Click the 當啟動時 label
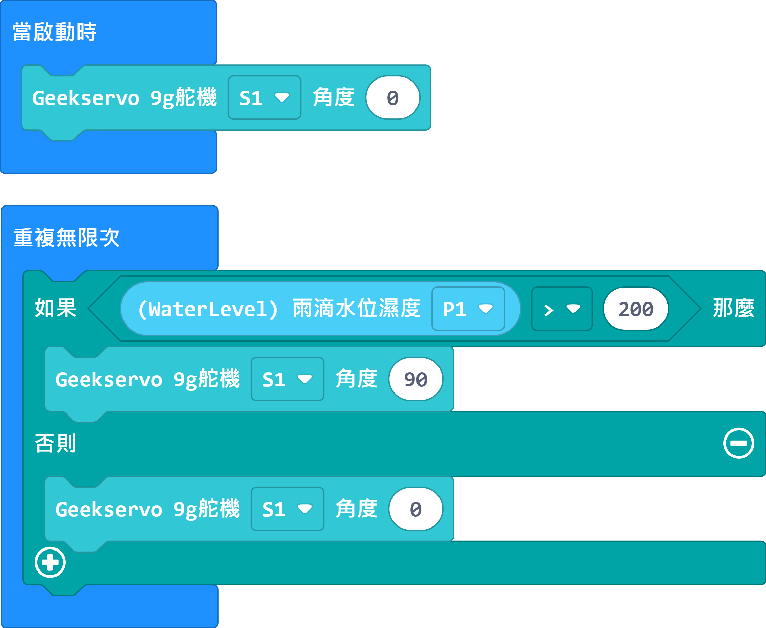pyautogui.click(x=54, y=32)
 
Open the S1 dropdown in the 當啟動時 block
pyautogui.click(x=264, y=97)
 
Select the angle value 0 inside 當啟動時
pyautogui.click(x=393, y=97)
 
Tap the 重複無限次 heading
pyautogui.click(x=66, y=238)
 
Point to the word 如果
pyautogui.click(x=55, y=308)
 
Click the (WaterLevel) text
pyautogui.click(x=208, y=309)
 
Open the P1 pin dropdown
pyautogui.click(x=468, y=309)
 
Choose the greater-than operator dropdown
pyautogui.click(x=562, y=309)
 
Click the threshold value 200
pyautogui.click(x=636, y=309)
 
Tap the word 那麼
pyautogui.click(x=734, y=308)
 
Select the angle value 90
pyautogui.click(x=416, y=379)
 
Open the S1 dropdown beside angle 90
pyautogui.click(x=288, y=379)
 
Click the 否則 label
pyautogui.click(x=55, y=443)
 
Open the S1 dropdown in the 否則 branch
pyautogui.click(x=288, y=509)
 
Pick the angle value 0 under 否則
pyautogui.click(x=416, y=509)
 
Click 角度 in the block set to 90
pyautogui.click(x=357, y=379)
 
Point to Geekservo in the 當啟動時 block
pyautogui.click(x=86, y=98)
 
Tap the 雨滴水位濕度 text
pyautogui.click(x=356, y=308)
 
